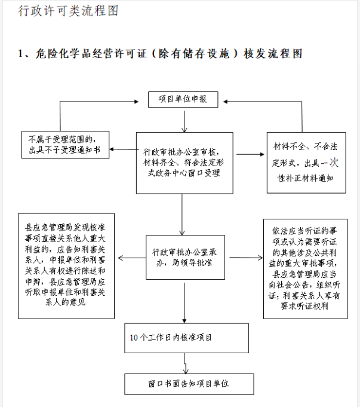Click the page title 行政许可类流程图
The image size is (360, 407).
coord(68,11)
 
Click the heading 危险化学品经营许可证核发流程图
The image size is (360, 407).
coord(160,54)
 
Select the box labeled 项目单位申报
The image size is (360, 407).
coord(183,99)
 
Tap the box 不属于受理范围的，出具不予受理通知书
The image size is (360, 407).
coord(65,145)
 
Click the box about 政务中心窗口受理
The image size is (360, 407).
coord(184,163)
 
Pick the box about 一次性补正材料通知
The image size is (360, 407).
coord(306,163)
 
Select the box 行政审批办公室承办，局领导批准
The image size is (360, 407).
coord(185,257)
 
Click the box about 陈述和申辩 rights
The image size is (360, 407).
coord(66,266)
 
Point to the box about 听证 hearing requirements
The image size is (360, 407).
coord(305,269)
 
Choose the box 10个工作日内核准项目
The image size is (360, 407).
coord(186,338)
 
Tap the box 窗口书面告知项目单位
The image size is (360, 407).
coord(189,384)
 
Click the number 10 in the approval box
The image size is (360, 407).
coord(134,338)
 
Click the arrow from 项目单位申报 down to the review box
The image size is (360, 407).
coord(184,122)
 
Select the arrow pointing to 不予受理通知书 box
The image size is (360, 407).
coord(124,149)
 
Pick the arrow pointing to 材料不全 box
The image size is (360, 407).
coord(250,154)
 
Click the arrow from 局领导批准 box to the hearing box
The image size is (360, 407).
coord(246,258)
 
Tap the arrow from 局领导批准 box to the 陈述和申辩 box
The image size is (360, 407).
coord(132,258)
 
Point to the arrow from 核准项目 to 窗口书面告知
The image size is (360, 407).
coord(185,363)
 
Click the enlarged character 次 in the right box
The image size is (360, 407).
coord(334,163)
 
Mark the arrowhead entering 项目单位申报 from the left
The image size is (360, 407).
coord(137,102)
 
